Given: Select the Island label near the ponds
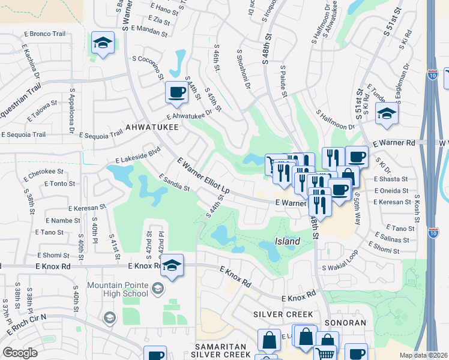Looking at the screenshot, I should pyautogui.click(x=288, y=241).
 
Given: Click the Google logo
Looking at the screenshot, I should pyautogui.click(x=20, y=353).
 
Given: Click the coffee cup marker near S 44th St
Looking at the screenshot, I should pyautogui.click(x=176, y=92).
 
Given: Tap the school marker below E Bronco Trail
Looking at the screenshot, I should pyautogui.click(x=103, y=43).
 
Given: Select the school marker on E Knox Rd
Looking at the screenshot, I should pyautogui.click(x=172, y=266).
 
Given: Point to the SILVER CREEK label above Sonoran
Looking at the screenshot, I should pyautogui.click(x=283, y=314).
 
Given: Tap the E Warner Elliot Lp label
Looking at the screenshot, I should pyautogui.click(x=204, y=175).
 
